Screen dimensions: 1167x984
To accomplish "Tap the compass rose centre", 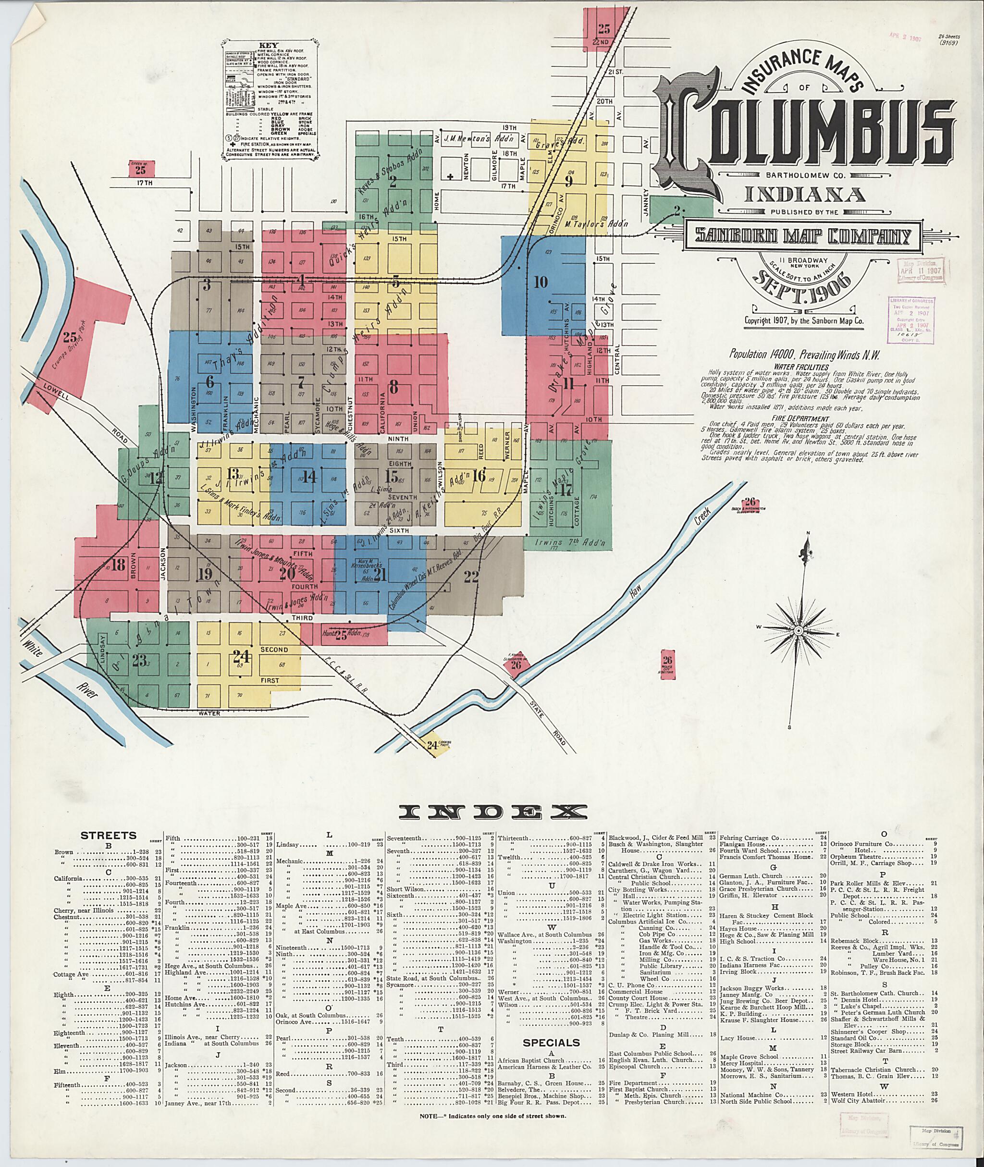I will [798, 630].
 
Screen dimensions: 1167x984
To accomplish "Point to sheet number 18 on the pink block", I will [118, 565].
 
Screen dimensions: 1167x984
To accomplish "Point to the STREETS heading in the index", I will [108, 835].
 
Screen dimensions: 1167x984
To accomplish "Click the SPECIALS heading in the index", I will [551, 1043].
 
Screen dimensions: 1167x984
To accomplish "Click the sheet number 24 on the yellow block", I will [242, 657].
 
